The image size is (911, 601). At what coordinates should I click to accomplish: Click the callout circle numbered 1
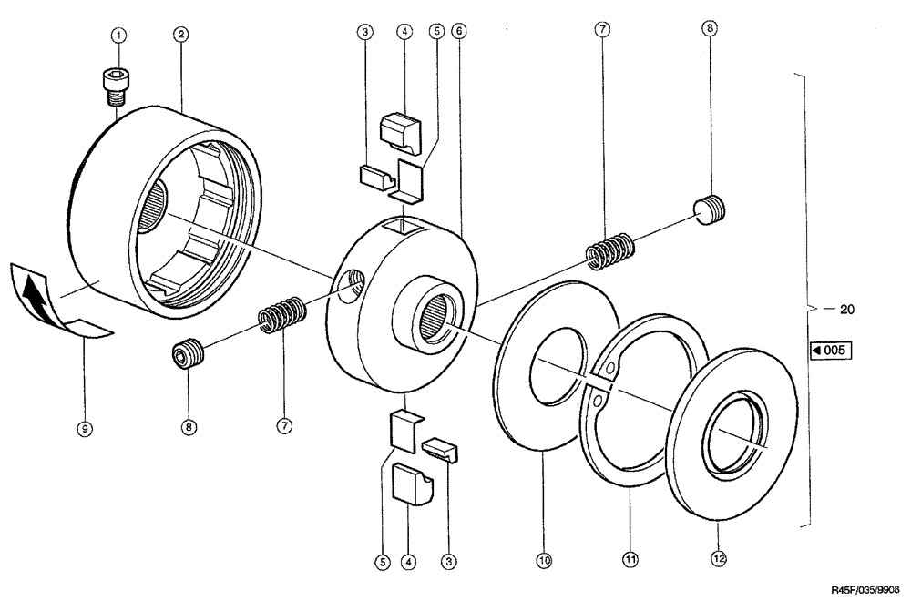(x=118, y=34)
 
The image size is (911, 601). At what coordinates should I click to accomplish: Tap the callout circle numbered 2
(x=181, y=34)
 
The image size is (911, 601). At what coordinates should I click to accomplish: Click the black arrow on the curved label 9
(x=34, y=296)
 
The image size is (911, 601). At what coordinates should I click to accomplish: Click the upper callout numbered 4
(x=404, y=31)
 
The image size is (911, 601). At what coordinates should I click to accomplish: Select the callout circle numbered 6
(x=459, y=31)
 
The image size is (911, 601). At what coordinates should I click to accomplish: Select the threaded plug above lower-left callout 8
(x=188, y=354)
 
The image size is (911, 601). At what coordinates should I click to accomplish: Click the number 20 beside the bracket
(x=846, y=310)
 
